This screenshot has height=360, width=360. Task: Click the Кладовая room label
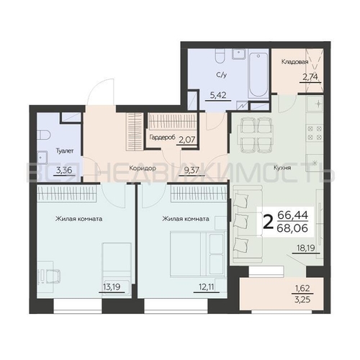coord(294,62)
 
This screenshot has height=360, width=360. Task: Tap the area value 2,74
coord(310,77)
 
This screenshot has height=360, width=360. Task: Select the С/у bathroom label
coord(221,75)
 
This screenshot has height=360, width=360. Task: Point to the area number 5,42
coord(218,95)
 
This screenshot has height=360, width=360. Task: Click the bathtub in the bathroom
coord(258,74)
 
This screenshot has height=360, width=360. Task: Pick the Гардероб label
coord(162,138)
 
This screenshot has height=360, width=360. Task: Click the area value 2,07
coord(186,140)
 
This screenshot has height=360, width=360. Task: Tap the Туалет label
coord(65,151)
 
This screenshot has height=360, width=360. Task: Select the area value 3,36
coord(64,170)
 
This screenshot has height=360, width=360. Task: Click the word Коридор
coord(143,168)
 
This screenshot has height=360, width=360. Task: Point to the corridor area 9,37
coord(192,170)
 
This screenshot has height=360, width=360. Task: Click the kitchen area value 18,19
coord(306,248)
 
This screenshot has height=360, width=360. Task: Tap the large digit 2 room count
coord(268,222)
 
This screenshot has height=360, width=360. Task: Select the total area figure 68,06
coord(292,228)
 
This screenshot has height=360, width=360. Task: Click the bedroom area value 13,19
coord(112,287)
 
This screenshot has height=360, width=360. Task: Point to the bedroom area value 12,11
coord(206,287)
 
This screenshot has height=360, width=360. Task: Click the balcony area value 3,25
coord(302,300)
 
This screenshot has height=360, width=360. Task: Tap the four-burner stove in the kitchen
coord(315,133)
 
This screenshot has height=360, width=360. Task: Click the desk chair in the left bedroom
coord(51,276)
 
